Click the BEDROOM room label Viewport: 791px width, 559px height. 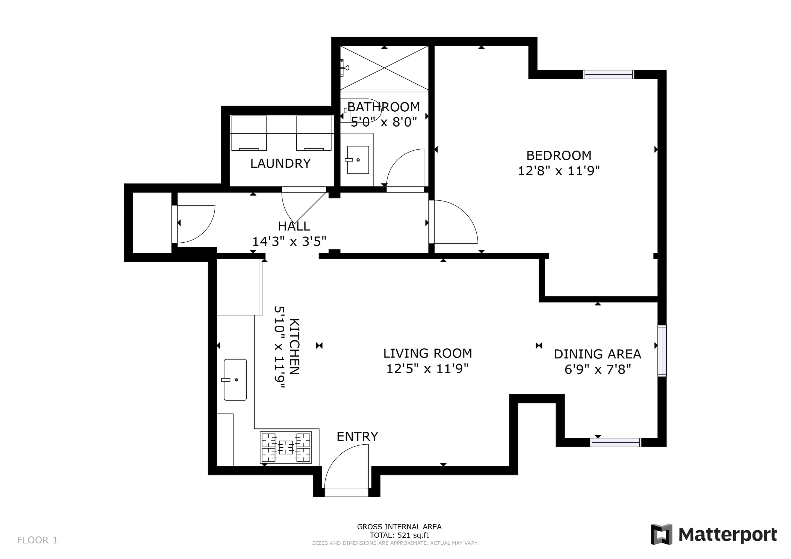(x=559, y=156)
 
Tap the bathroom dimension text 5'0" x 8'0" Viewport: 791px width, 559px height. (x=384, y=122)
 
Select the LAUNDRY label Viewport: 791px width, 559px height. (x=281, y=163)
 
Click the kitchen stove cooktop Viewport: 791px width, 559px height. (x=286, y=447)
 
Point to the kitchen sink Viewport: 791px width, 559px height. (x=235, y=380)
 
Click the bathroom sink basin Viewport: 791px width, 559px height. (x=358, y=160)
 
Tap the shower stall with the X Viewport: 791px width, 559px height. (x=385, y=68)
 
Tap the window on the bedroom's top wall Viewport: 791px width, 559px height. (x=609, y=74)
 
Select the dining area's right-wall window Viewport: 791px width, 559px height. (x=662, y=351)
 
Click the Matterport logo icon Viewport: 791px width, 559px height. (x=662, y=534)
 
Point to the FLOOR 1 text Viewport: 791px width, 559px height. (x=37, y=540)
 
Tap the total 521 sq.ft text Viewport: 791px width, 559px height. (x=399, y=535)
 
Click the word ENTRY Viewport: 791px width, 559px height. (x=357, y=436)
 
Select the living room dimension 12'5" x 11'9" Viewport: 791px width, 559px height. (x=427, y=369)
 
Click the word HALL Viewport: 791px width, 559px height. (x=294, y=226)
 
